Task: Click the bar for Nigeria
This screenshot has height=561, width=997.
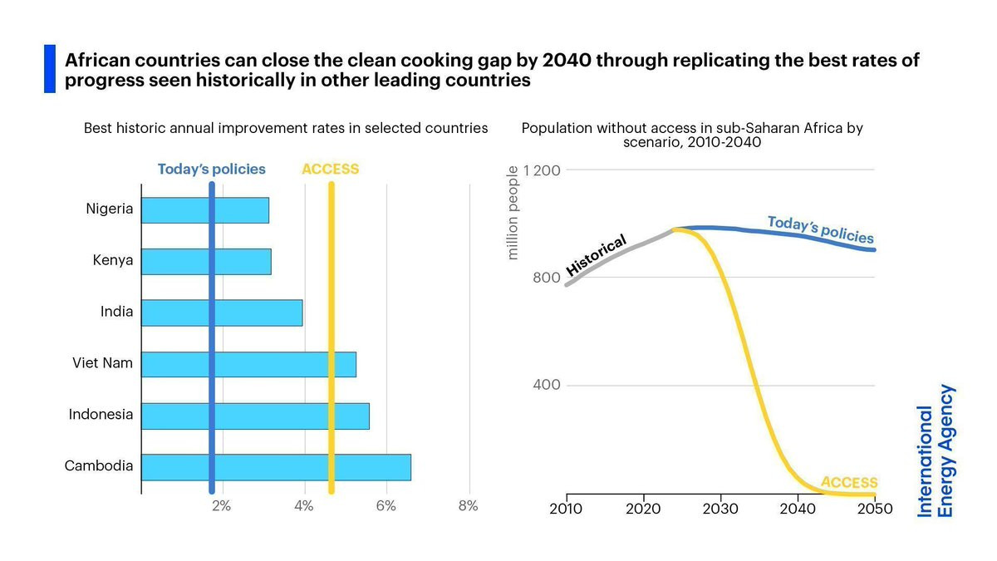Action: point(205,210)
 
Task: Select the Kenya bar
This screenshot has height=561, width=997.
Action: point(206,262)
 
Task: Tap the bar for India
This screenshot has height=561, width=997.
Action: point(222,313)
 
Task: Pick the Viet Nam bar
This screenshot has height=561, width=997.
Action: point(248,365)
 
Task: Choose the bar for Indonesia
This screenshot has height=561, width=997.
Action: point(255,416)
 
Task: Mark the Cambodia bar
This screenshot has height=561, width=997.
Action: point(276,467)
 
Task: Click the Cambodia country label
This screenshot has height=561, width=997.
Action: point(99,466)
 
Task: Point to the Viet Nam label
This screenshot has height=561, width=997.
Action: point(103,363)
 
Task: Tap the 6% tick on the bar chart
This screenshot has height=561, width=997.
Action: point(386,506)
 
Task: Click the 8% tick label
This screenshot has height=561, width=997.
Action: point(468,506)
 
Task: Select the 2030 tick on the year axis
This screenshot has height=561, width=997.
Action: point(720,509)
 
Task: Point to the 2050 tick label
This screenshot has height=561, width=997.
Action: point(875,509)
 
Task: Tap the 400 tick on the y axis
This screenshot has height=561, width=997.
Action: point(546,386)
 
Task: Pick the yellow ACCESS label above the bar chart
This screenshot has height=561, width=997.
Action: point(330,170)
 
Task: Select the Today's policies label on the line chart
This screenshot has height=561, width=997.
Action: point(820,229)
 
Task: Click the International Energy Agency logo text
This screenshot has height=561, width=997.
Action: point(936,451)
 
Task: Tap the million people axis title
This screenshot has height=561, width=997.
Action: point(513,213)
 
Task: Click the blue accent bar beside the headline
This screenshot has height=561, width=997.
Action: point(50,69)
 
